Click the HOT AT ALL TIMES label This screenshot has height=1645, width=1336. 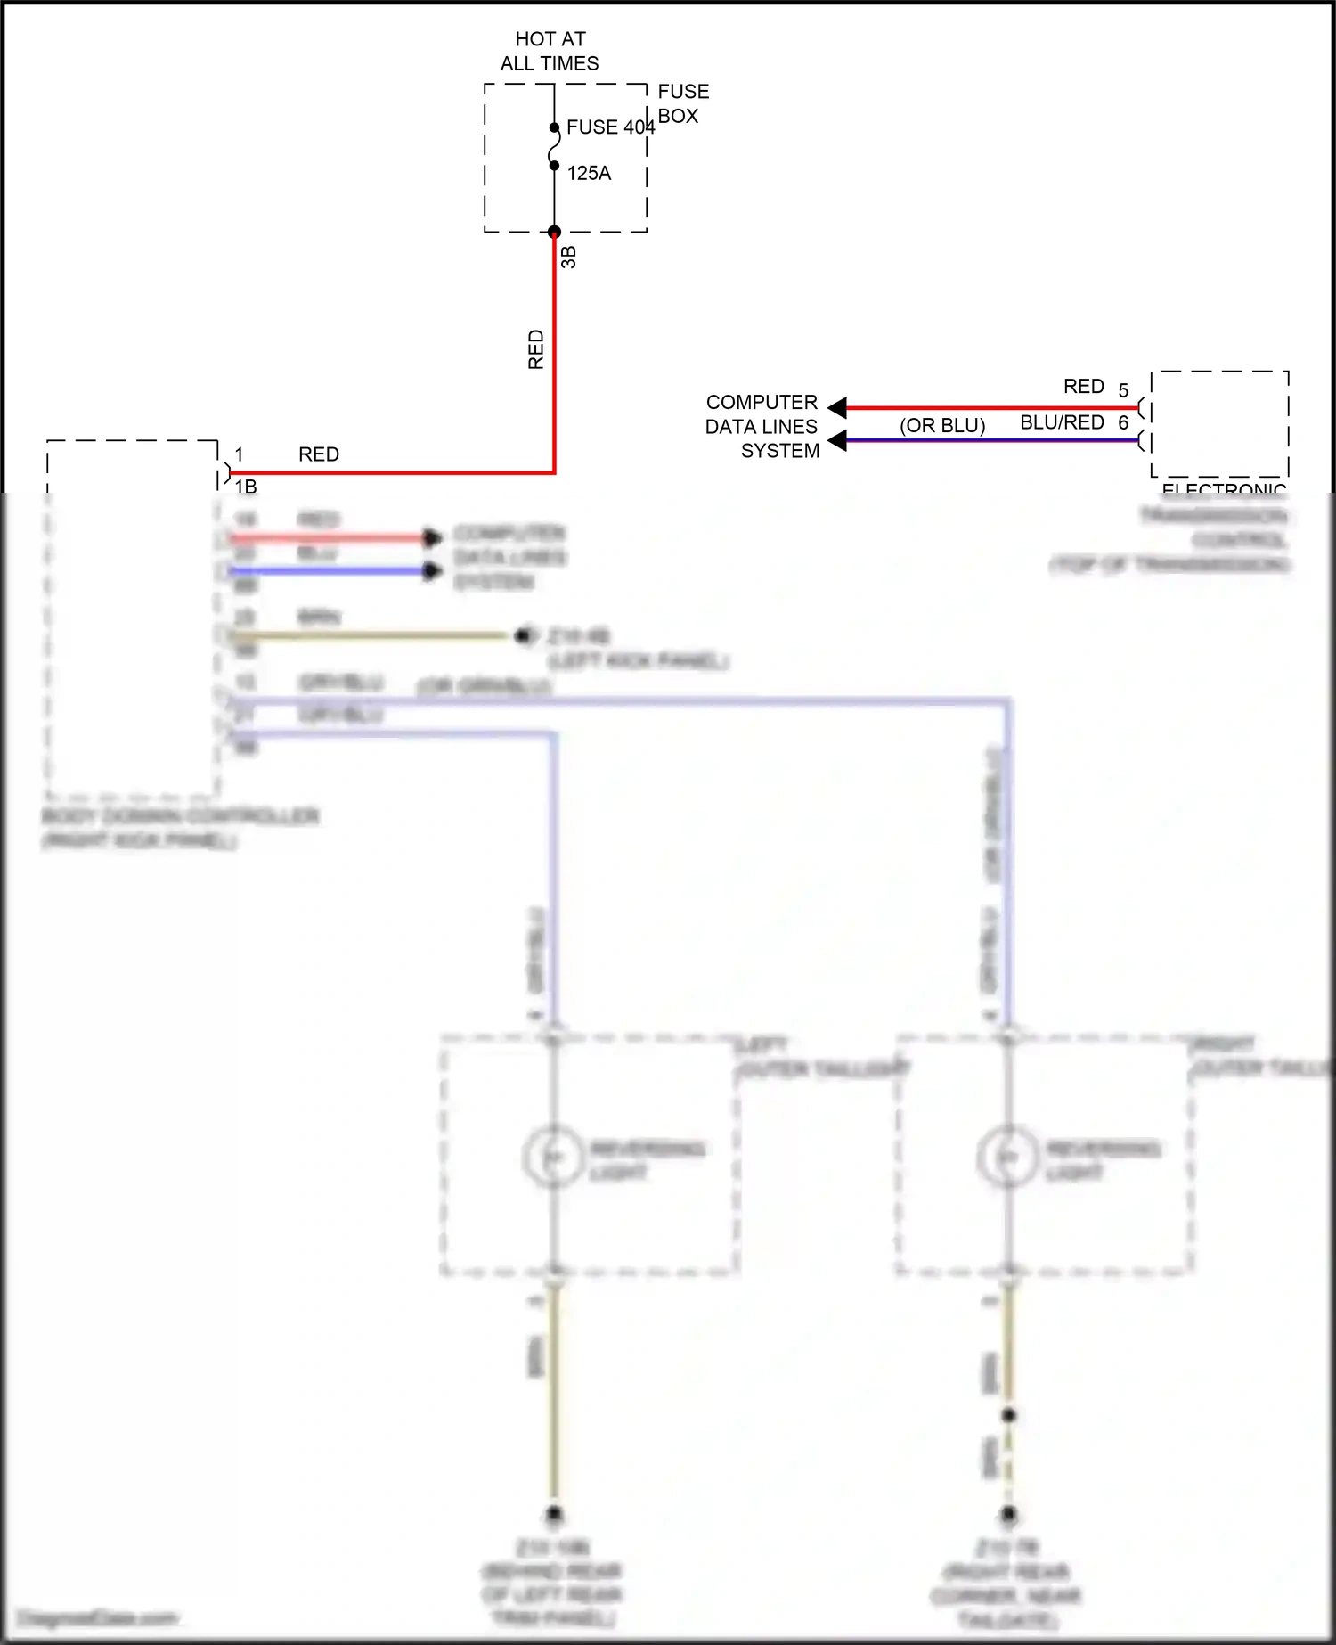550,51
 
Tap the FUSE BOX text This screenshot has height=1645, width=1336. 683,103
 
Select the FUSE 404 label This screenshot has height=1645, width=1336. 610,127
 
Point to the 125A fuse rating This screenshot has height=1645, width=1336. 589,174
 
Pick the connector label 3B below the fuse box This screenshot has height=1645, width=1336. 569,258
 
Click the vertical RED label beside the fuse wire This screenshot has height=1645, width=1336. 535,349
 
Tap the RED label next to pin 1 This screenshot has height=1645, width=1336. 319,454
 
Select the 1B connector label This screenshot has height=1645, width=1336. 246,487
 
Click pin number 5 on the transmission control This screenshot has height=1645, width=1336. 1123,391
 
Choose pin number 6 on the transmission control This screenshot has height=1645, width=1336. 1123,422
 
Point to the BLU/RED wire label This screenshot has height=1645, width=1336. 1062,422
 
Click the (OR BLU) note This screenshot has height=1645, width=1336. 942,426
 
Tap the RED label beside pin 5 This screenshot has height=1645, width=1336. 1083,387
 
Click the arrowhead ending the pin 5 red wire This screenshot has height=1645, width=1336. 837,408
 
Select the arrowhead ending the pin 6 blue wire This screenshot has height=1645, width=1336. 837,440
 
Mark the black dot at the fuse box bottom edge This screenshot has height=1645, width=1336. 554,233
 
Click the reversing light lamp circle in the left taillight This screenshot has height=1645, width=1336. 553,1157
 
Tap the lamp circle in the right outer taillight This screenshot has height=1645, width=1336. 1007,1157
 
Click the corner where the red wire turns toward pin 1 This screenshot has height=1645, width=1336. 554,472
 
